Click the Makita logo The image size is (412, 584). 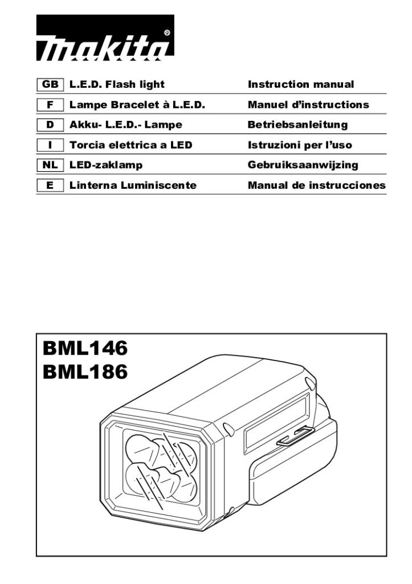tap(105, 38)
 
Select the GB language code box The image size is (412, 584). tap(50, 84)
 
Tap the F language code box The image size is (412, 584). tap(50, 105)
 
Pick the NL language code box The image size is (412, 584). tap(50, 165)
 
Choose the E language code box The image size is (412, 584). tap(50, 185)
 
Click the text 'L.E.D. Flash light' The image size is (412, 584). tap(117, 84)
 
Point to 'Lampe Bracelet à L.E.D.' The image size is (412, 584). tap(137, 105)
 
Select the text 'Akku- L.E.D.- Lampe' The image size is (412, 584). tap(126, 125)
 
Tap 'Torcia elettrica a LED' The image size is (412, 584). tap(130, 145)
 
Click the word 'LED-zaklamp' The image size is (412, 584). tap(106, 165)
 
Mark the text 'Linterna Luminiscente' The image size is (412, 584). tap(133, 185)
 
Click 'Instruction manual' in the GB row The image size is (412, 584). tap(301, 84)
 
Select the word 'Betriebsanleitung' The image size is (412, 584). tap(297, 125)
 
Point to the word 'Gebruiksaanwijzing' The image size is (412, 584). tap(303, 165)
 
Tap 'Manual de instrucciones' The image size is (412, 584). tap(317, 185)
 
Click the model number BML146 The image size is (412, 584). tap(85, 348)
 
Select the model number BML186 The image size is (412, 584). tap(85, 372)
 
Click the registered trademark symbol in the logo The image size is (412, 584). tap(167, 33)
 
